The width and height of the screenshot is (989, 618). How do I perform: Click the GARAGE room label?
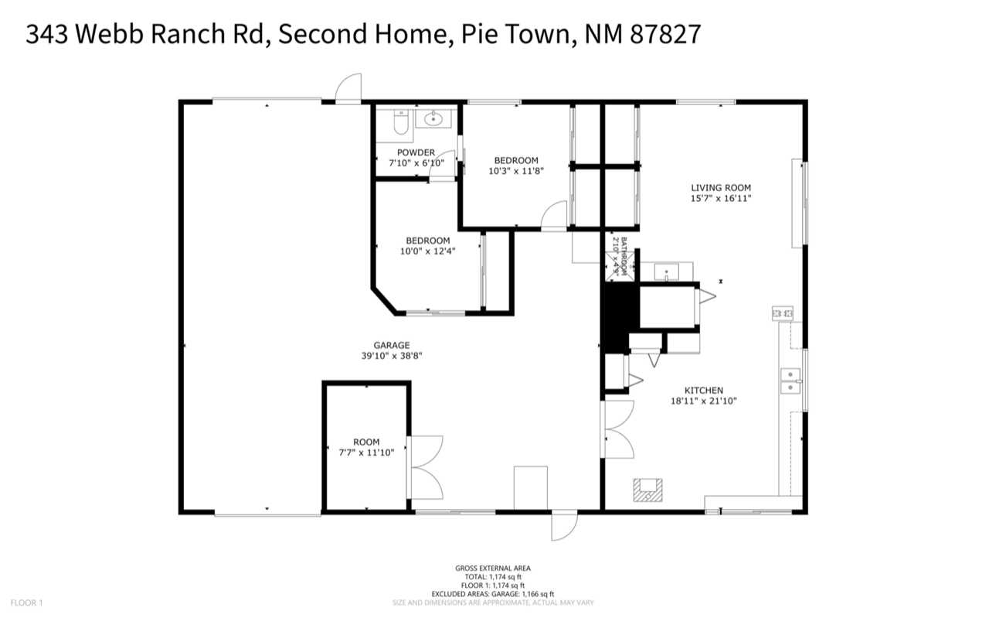391,345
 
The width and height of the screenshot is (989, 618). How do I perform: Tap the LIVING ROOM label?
720,187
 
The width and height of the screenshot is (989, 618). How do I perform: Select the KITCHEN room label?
703,391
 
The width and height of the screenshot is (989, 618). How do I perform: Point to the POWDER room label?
416,152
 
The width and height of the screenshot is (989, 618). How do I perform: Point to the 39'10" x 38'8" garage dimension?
391,356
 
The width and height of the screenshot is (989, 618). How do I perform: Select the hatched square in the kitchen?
647,490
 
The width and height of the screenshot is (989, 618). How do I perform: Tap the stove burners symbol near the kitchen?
783,313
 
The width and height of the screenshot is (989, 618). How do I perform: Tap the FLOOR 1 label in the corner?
26,602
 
